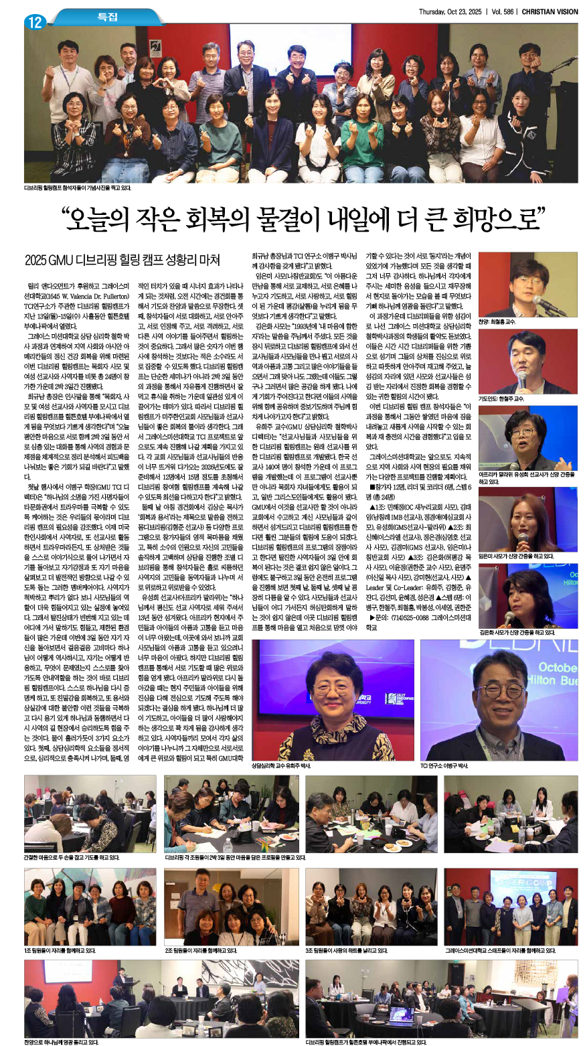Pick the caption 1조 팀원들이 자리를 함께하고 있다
[x=60, y=950]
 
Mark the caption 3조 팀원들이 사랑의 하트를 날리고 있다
[x=346, y=950]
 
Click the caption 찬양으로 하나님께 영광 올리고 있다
[x=61, y=1042]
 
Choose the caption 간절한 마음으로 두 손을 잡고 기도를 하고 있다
[x=72, y=857]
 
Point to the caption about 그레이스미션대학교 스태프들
[x=500, y=950]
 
